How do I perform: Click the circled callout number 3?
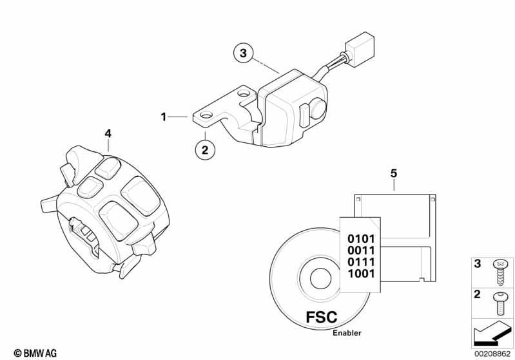[243, 53]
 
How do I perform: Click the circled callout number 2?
[205, 150]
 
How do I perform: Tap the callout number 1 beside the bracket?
[164, 117]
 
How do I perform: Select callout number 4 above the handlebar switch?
[108, 133]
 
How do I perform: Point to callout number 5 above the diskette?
[394, 173]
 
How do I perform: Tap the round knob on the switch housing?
[318, 108]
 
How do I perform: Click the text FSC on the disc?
[322, 317]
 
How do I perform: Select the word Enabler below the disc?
[347, 333]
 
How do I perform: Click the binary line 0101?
[361, 239]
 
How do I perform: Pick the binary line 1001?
[361, 273]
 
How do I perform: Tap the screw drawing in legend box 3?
[500, 270]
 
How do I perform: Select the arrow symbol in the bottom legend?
[492, 334]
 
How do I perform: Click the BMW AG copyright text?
[35, 353]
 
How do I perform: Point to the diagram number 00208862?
[492, 354]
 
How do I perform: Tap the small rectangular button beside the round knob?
[304, 114]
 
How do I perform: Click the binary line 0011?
[361, 251]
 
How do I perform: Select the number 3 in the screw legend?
[477, 263]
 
